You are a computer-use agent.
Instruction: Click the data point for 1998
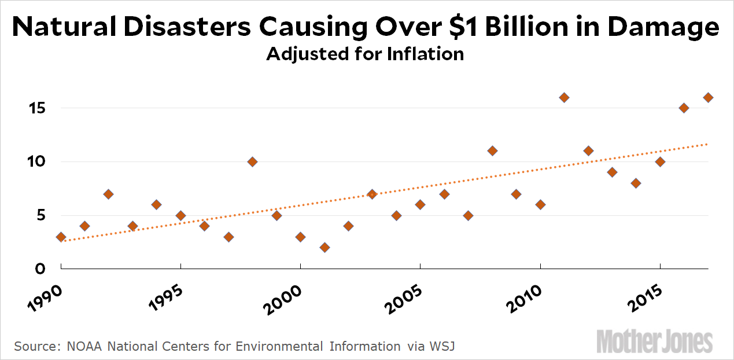pyautogui.click(x=252, y=161)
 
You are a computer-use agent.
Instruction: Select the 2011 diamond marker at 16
pyautogui.click(x=564, y=97)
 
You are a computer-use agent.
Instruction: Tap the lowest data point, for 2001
pyautogui.click(x=324, y=247)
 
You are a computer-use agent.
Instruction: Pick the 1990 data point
pyautogui.click(x=61, y=237)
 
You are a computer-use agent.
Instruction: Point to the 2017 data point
pyautogui.click(x=708, y=97)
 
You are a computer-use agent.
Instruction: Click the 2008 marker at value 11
pyautogui.click(x=492, y=151)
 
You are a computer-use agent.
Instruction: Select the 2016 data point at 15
pyautogui.click(x=684, y=108)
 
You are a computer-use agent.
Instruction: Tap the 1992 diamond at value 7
pyautogui.click(x=109, y=194)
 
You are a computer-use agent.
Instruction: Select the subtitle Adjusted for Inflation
pyautogui.click(x=365, y=54)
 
